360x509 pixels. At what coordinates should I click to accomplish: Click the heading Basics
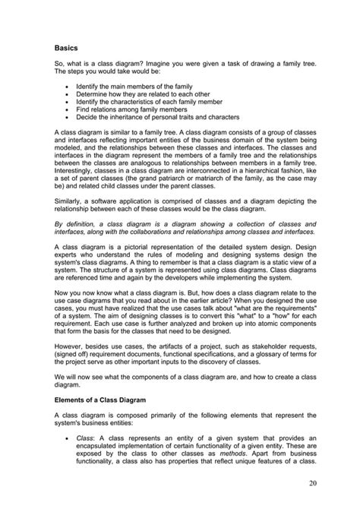coord(66,46)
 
